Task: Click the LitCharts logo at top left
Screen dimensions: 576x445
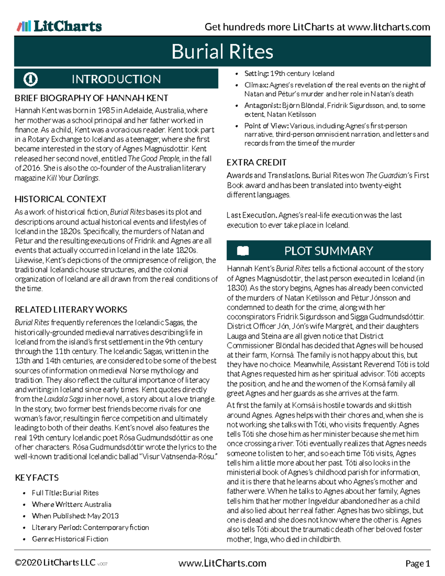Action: (59, 26)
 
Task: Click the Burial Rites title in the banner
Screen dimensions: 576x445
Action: (222, 52)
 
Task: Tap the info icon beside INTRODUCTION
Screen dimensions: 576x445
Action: (30, 79)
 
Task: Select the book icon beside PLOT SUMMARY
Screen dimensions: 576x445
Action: (243, 251)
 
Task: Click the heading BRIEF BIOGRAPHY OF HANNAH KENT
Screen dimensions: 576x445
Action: (91, 98)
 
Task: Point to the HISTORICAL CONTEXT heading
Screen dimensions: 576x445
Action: (60, 199)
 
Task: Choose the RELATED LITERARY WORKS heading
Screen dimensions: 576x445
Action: (71, 310)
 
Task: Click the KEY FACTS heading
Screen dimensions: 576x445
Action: (37, 478)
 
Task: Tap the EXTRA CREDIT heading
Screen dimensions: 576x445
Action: (256, 162)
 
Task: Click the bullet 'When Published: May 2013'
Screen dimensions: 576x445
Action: (75, 516)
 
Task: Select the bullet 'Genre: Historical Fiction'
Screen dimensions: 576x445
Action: (70, 539)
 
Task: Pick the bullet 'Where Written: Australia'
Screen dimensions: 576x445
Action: (71, 504)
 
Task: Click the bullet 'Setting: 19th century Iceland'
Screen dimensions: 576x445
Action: (289, 73)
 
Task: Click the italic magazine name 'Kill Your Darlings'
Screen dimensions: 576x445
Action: (73, 178)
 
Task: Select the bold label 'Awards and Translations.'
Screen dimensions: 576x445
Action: (268, 175)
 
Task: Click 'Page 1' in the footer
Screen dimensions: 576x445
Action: (418, 564)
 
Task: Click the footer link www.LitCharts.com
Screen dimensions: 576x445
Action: (222, 563)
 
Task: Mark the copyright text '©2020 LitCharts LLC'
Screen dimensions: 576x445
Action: (55, 563)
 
